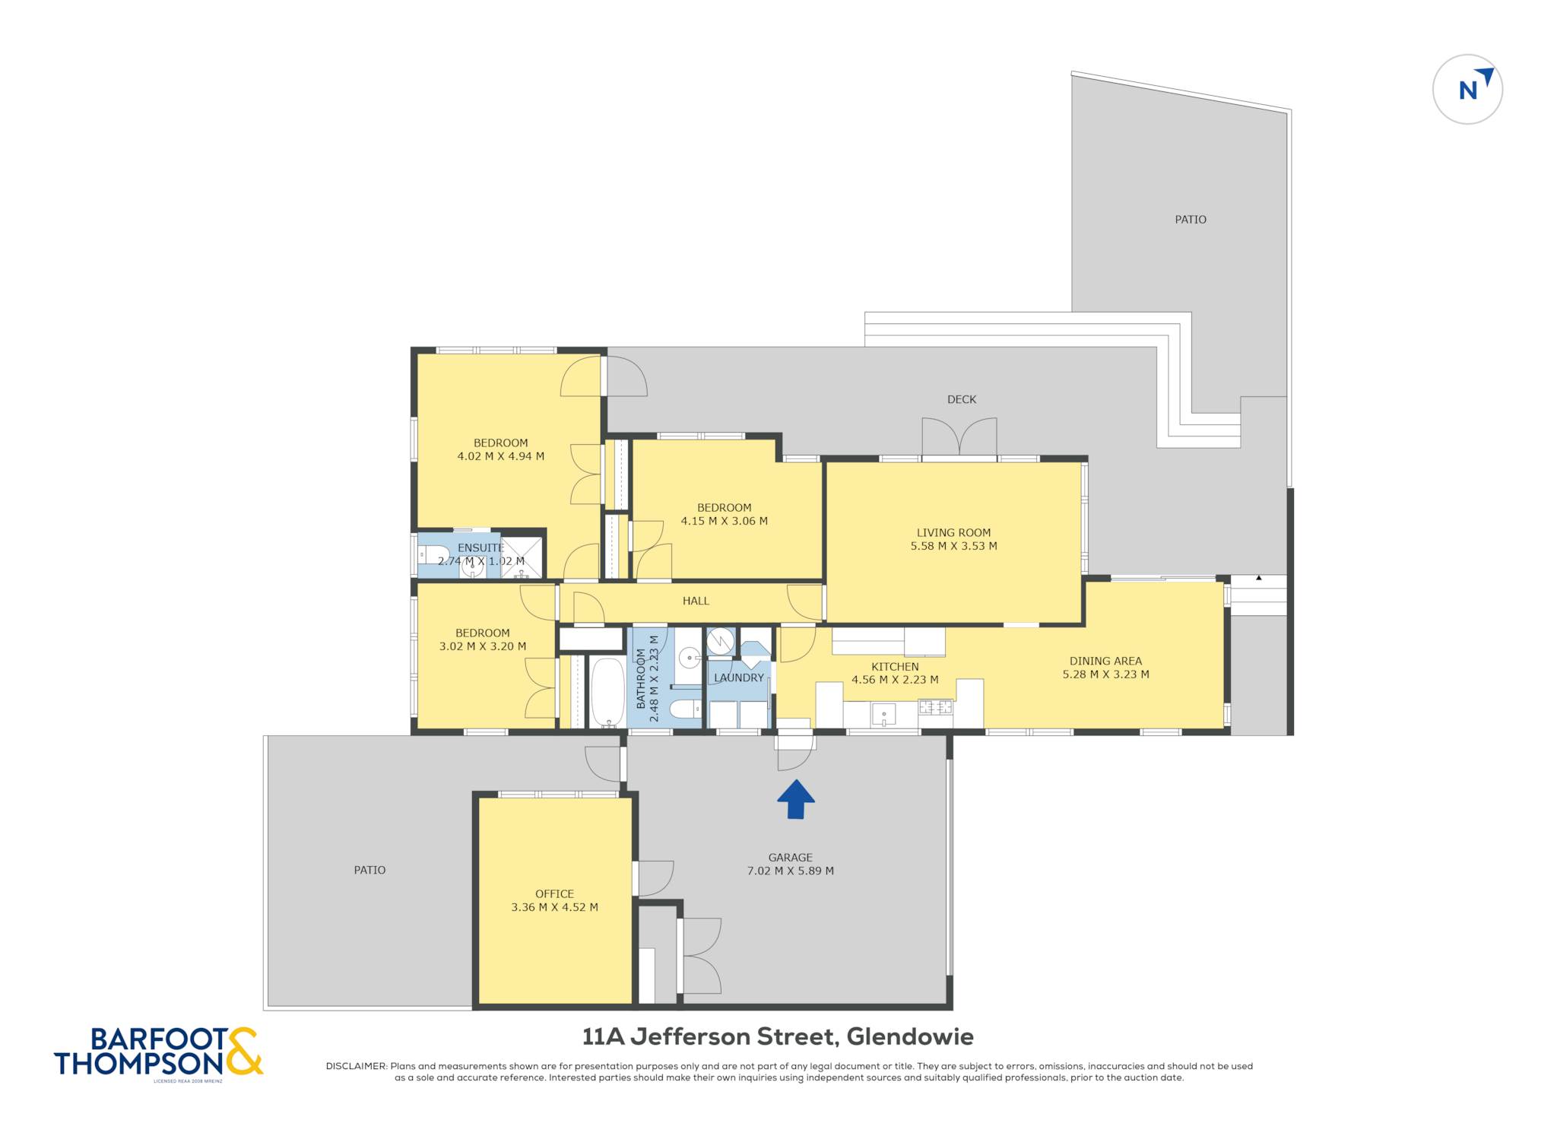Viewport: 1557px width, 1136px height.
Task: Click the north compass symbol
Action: coord(1467,89)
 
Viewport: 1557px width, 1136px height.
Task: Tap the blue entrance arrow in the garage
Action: coord(795,799)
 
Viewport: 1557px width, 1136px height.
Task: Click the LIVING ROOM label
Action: coord(953,533)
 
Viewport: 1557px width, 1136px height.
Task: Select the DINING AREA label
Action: coord(1105,662)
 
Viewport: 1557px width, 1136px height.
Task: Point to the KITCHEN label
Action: coord(895,667)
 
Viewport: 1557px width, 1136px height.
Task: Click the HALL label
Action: coord(696,601)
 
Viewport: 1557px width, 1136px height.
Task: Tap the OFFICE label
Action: coord(554,894)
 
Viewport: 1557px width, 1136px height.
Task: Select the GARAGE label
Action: coord(791,858)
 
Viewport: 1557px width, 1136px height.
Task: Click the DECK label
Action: coord(962,399)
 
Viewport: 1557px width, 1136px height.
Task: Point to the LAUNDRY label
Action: coord(739,677)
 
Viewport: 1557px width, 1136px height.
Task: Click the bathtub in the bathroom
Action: coord(607,692)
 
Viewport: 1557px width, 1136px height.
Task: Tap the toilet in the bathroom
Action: coord(686,709)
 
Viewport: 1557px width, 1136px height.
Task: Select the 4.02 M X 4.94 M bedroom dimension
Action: coord(500,456)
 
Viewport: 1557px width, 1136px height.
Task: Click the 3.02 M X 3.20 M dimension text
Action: coord(483,646)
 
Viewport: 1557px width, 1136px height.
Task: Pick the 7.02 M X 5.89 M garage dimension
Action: coord(791,871)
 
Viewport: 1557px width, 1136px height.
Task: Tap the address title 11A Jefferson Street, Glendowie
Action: coord(778,1036)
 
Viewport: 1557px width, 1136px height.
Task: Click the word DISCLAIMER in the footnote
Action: coord(357,1066)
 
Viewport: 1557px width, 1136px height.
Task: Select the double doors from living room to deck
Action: coord(959,437)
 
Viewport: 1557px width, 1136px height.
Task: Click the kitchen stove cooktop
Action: coord(936,707)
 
